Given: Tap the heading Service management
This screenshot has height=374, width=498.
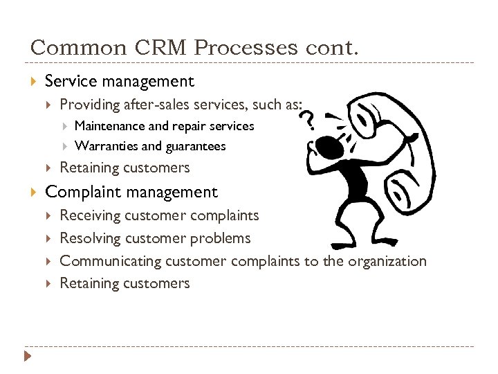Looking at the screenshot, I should click(119, 81).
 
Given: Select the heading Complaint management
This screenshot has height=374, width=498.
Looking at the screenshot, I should click(131, 192).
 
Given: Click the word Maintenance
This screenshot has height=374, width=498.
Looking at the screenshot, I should click(110, 126).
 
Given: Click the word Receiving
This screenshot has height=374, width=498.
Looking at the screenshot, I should click(90, 215).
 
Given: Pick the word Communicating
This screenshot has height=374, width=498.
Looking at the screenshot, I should click(109, 261).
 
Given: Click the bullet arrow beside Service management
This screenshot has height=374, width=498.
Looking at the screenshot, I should click(34, 81).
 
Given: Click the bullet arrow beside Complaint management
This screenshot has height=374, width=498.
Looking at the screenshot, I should click(34, 192).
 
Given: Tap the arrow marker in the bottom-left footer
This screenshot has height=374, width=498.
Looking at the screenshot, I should click(28, 357).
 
